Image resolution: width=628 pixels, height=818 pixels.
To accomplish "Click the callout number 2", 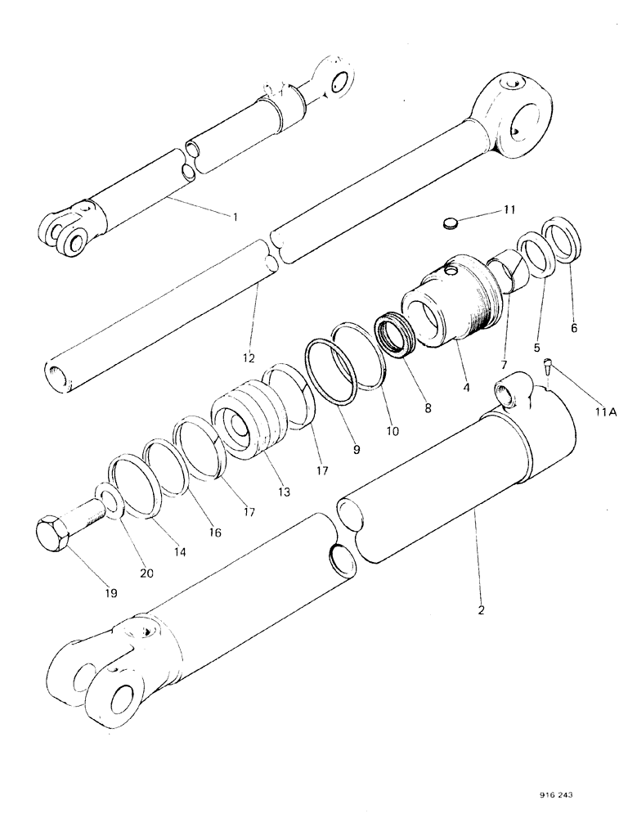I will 480,610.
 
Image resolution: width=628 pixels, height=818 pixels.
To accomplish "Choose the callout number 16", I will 214,532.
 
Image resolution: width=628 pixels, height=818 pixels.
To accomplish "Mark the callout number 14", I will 181,552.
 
